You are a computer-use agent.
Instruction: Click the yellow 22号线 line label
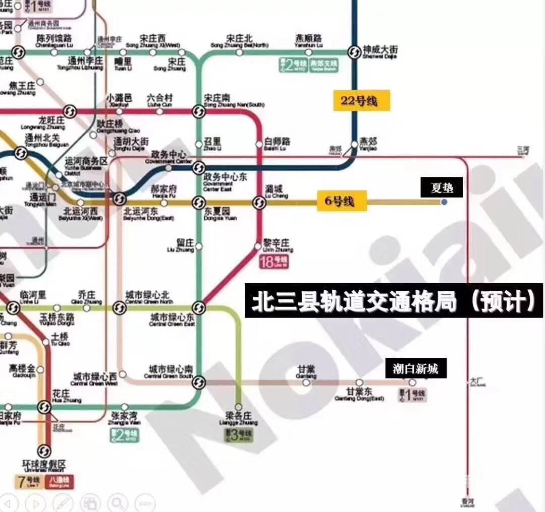[361, 101]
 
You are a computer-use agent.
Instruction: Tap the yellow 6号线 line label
[342, 201]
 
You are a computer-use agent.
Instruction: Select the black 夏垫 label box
[442, 188]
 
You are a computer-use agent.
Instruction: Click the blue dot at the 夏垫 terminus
[444, 202]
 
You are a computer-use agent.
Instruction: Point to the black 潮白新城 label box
[416, 369]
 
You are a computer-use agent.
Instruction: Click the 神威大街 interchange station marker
[354, 51]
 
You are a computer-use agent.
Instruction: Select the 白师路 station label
[277, 143]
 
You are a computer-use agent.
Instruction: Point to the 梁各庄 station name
[238, 419]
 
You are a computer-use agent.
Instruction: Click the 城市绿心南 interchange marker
[199, 382]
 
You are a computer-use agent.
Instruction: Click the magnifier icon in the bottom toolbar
[117, 502]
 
